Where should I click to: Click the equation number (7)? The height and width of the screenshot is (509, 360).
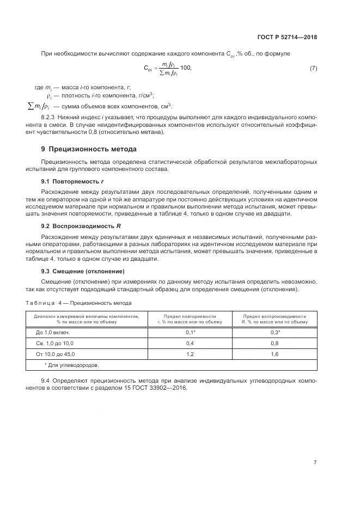click(313, 68)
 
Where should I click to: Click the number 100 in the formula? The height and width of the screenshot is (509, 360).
click(185, 68)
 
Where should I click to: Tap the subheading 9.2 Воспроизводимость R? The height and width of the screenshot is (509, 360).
click(77, 225)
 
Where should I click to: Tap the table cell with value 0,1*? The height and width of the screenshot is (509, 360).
click(190, 332)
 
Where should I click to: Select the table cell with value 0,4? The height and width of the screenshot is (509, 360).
click(190, 343)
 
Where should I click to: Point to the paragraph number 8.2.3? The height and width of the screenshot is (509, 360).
click(50, 117)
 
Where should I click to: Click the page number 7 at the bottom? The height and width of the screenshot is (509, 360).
click(315, 462)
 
